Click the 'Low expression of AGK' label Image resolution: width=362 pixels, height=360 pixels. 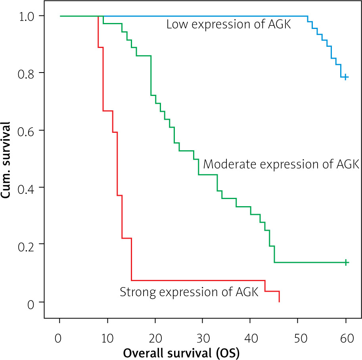229,25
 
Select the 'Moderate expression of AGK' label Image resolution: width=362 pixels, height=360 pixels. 281,164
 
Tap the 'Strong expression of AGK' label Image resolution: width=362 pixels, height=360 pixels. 189,293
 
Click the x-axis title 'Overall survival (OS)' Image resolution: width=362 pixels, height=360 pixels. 181,352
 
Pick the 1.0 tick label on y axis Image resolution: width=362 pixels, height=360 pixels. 26,16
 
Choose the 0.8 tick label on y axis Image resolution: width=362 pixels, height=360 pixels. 26,73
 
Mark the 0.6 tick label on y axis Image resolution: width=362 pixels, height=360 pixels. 26,130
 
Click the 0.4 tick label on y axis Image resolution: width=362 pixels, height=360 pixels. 26,188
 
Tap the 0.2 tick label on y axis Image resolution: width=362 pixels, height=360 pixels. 26,245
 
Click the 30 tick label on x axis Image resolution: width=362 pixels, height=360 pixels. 203,339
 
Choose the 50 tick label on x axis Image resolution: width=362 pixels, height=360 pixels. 298,339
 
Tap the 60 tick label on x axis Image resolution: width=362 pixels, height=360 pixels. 346,339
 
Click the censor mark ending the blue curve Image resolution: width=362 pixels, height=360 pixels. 346,77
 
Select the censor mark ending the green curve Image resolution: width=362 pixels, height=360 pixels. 346,262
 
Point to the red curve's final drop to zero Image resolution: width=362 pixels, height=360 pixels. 279,297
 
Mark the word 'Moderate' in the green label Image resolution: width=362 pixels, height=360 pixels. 225,164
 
